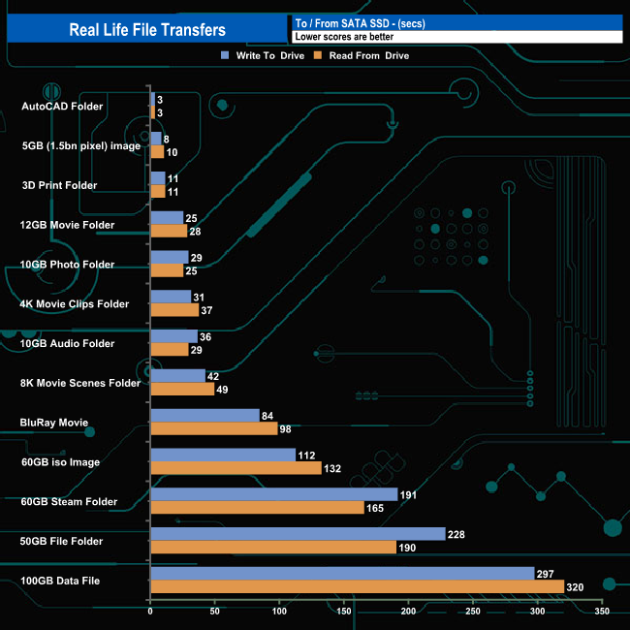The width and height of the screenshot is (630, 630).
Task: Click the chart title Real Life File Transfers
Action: (147, 30)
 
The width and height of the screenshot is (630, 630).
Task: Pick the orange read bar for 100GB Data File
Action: (357, 586)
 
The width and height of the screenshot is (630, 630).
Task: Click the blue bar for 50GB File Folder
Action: (298, 534)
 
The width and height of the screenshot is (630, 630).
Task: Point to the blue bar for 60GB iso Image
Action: (223, 455)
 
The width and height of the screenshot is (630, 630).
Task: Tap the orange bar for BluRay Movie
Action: (213, 428)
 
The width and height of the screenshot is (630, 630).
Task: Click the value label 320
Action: (576, 586)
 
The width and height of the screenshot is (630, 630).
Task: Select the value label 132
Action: (334, 468)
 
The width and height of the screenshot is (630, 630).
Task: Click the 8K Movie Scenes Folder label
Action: (80, 383)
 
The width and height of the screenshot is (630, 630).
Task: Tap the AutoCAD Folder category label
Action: (61, 106)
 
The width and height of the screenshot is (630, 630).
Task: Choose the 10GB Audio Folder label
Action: (67, 343)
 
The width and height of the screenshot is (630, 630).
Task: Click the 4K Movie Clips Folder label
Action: (74, 303)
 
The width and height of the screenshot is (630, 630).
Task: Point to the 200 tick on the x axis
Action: (408, 613)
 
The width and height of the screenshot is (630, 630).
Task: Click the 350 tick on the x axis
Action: (602, 613)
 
